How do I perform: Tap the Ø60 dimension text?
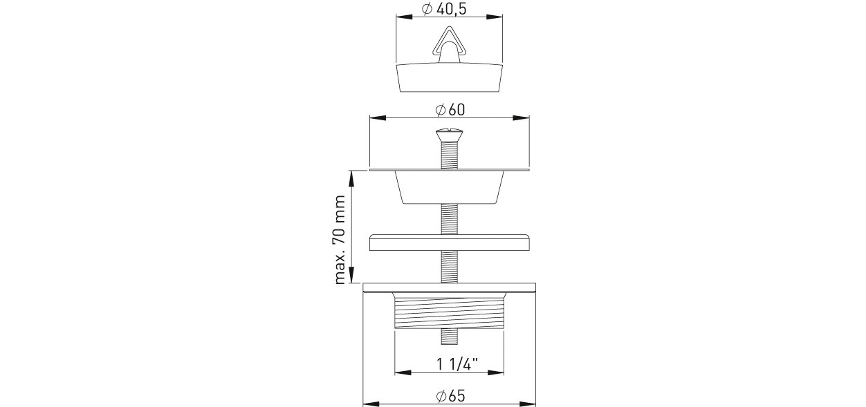[x=450, y=110]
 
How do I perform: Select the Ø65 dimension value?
[x=450, y=396]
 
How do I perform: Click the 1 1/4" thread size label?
[x=457, y=364]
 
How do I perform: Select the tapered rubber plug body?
[x=449, y=77]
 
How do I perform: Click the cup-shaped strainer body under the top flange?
[x=449, y=187]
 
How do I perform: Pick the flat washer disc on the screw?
[x=449, y=242]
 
